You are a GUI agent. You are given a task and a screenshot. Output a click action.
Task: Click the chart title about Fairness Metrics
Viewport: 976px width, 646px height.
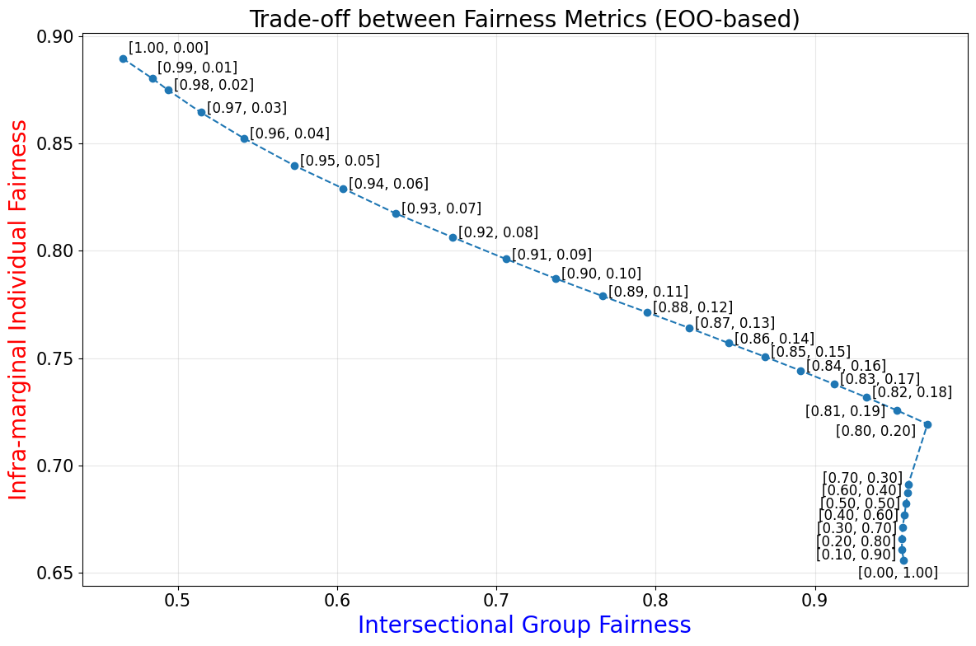pyautogui.click(x=524, y=19)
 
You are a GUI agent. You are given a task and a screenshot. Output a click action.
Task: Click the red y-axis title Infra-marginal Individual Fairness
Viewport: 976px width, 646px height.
pyautogui.click(x=19, y=309)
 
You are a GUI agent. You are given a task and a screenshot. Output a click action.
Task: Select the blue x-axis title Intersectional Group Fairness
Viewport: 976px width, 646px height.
pyautogui.click(x=524, y=625)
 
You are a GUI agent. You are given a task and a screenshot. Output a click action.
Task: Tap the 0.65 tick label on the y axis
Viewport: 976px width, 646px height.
pyautogui.click(x=55, y=573)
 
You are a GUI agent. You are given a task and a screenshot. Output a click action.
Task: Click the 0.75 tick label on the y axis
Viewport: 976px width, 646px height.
pyautogui.click(x=55, y=359)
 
